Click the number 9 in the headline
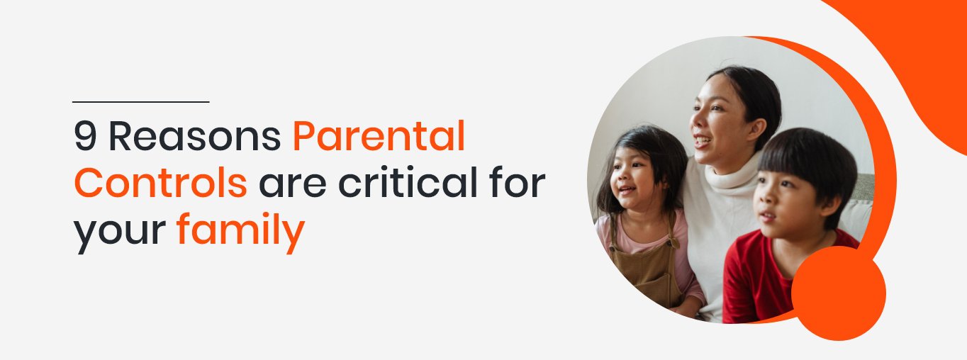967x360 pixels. click(x=85, y=136)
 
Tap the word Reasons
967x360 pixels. click(x=195, y=136)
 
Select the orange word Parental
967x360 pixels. click(x=379, y=136)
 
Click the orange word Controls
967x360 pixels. click(x=161, y=182)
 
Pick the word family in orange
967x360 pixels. click(x=240, y=232)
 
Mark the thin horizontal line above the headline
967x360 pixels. click(x=141, y=102)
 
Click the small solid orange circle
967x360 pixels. click(x=839, y=293)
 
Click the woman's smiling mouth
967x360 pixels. click(x=703, y=141)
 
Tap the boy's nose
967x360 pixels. click(x=761, y=198)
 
